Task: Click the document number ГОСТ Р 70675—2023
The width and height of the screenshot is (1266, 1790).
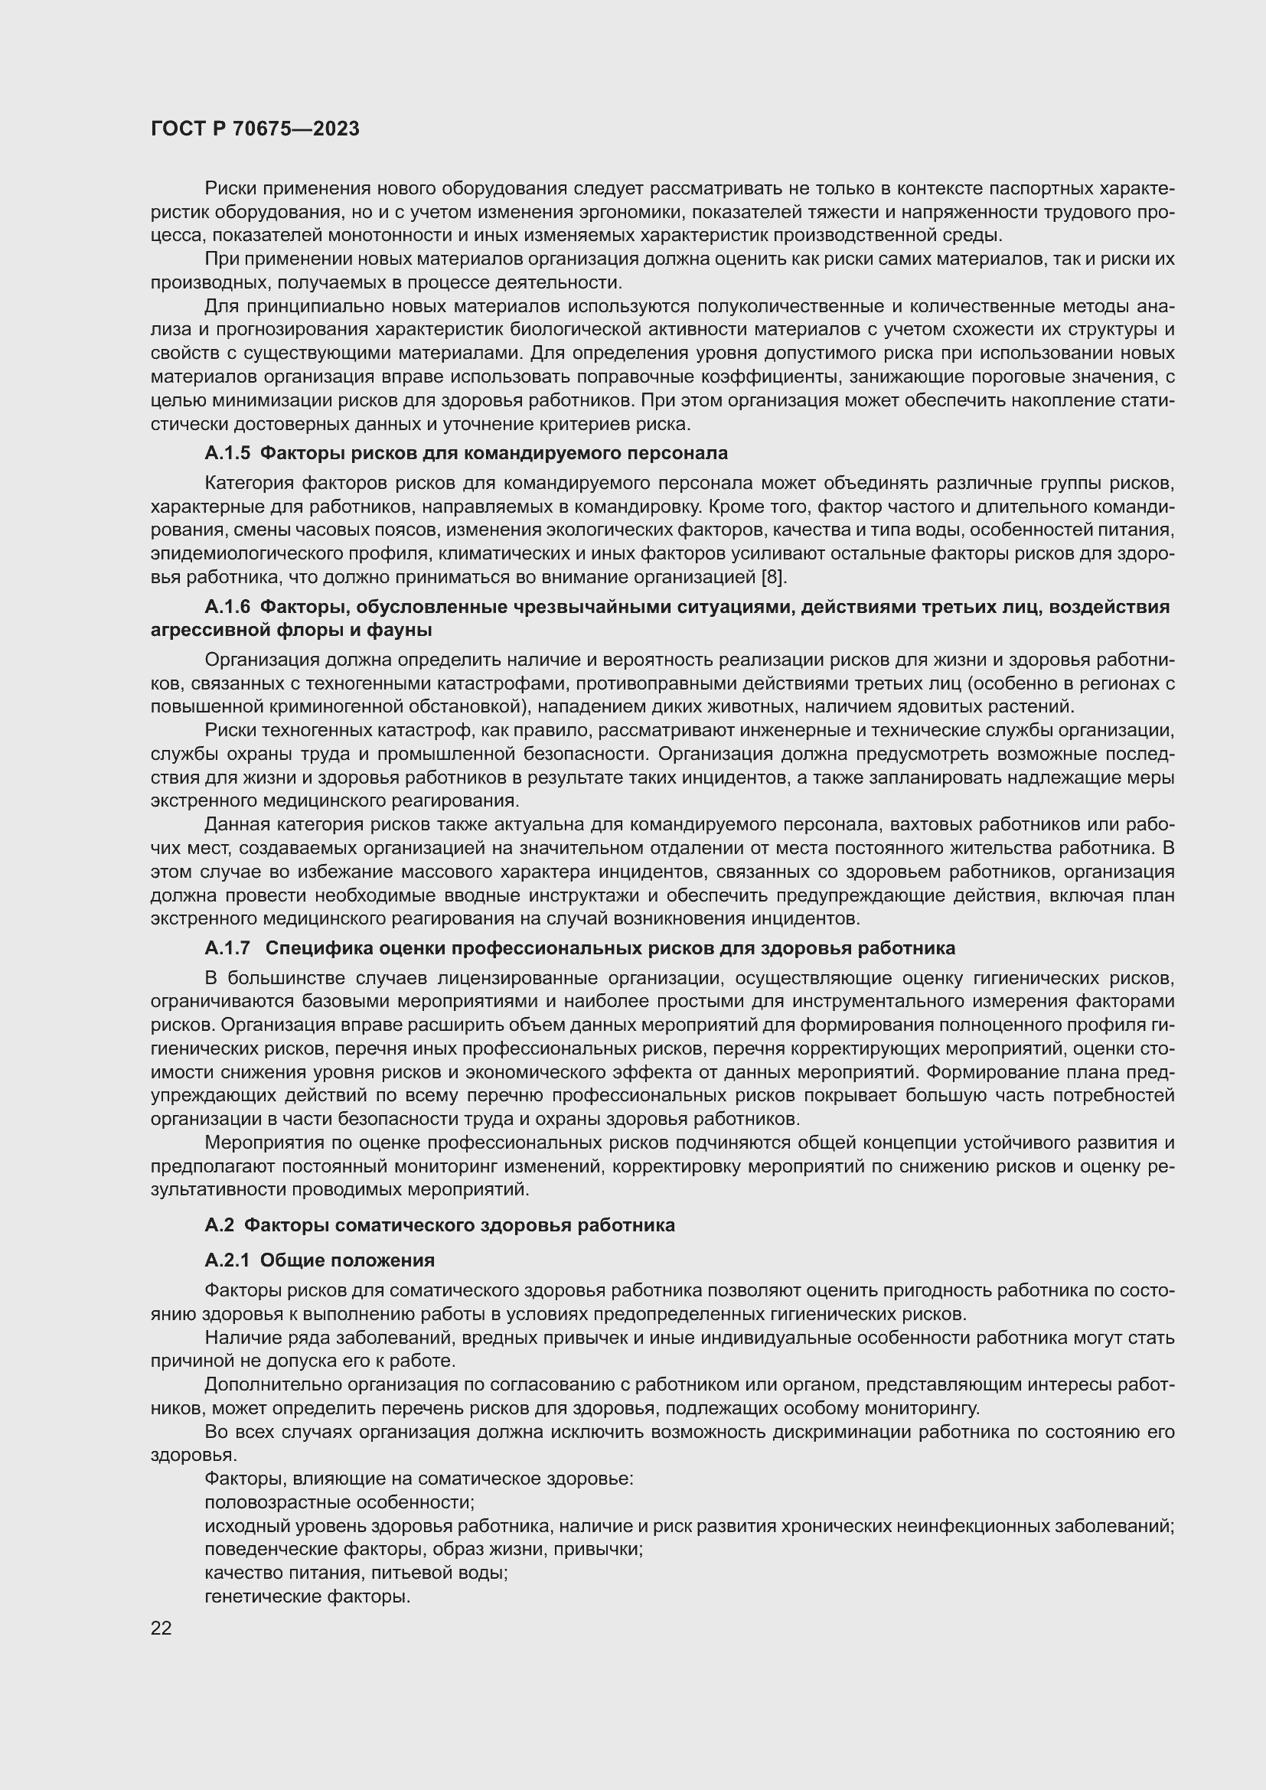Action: [255, 129]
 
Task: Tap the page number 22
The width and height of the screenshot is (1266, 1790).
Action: [161, 1628]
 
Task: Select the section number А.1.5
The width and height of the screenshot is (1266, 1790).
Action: [227, 453]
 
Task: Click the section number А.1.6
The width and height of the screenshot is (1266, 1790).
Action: [227, 607]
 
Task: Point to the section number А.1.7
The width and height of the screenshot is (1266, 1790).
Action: [227, 948]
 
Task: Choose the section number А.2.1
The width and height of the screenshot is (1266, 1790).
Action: [227, 1260]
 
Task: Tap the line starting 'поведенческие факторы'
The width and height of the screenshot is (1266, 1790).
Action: [423, 1549]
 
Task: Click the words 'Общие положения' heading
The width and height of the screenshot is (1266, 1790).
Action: [347, 1260]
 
